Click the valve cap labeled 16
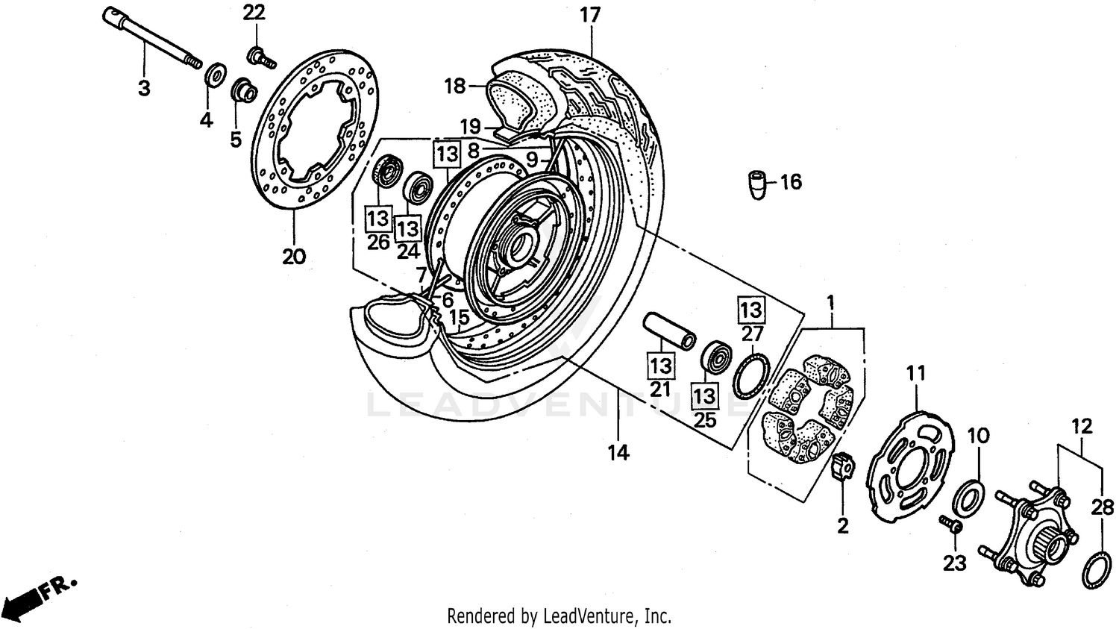[759, 184]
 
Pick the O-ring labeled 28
[1094, 569]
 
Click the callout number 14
[618, 451]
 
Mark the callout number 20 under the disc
[294, 256]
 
